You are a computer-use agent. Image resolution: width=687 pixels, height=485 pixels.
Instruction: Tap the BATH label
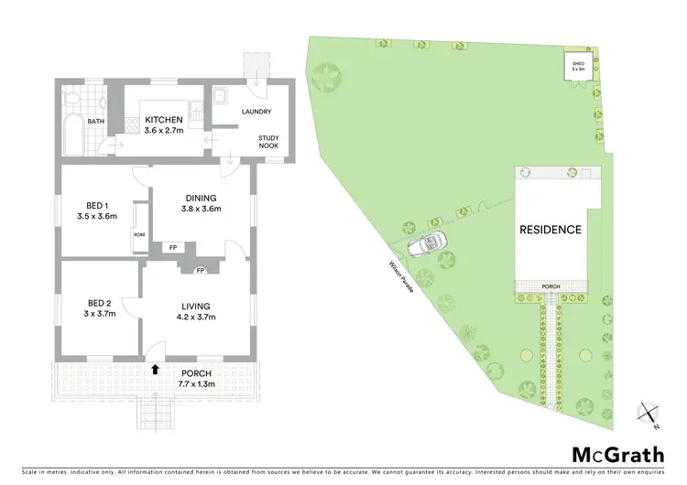point(96,121)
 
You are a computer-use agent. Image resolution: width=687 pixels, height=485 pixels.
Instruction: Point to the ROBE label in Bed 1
point(139,233)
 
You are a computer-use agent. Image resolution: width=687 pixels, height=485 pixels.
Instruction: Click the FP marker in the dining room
point(169,247)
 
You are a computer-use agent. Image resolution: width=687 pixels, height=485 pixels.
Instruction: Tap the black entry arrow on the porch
point(155,369)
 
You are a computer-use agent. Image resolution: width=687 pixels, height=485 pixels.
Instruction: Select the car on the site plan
point(429,244)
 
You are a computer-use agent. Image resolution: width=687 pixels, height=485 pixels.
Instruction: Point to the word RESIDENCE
point(550,230)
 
